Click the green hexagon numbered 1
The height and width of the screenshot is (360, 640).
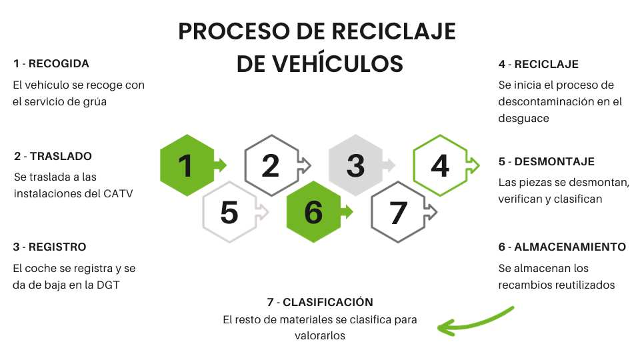(188, 165)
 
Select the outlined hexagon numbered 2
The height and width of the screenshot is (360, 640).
(271, 165)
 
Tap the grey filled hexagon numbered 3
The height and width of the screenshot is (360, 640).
(356, 165)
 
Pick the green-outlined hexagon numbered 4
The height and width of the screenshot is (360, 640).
(440, 165)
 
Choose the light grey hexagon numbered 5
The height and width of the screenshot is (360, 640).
(229, 213)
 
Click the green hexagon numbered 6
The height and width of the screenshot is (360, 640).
(313, 213)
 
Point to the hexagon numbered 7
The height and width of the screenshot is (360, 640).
(398, 213)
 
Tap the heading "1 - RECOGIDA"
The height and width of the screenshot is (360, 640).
(51, 64)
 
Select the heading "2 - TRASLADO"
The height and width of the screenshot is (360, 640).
(53, 156)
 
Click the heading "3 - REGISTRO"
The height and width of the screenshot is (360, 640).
(49, 247)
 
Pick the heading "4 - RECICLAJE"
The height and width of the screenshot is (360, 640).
(538, 65)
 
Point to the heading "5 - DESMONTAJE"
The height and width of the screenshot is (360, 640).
(546, 161)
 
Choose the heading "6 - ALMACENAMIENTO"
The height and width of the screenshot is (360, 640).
(562, 247)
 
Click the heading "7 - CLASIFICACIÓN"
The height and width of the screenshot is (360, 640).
(319, 302)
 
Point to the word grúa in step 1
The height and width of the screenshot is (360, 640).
(94, 102)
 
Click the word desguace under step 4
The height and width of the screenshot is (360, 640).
(523, 118)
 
